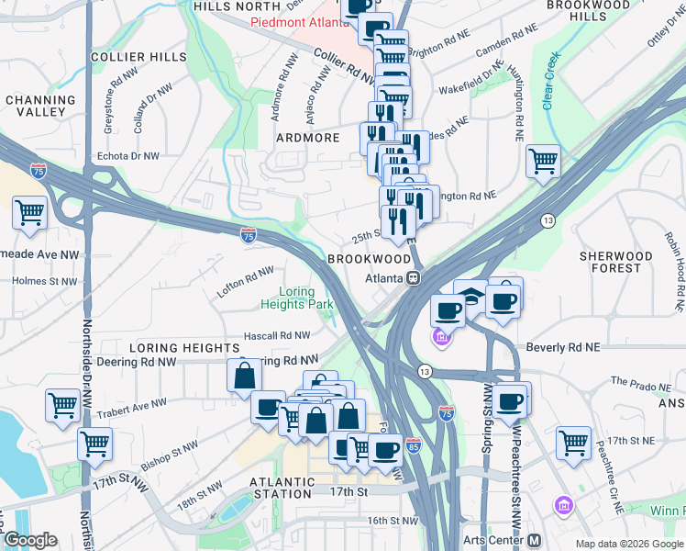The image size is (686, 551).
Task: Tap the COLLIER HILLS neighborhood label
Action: pyautogui.click(x=127, y=57)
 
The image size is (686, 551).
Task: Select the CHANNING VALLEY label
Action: pyautogui.click(x=40, y=106)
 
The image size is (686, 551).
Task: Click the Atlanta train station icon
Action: pyautogui.click(x=415, y=277)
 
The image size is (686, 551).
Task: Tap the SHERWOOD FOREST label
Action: pyautogui.click(x=615, y=262)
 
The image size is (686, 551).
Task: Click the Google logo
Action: pyautogui.click(x=30, y=540)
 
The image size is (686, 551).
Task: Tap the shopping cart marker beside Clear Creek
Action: pyautogui.click(x=544, y=162)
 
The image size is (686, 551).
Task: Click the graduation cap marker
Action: pyautogui.click(x=471, y=297)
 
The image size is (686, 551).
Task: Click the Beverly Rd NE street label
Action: pyautogui.click(x=562, y=348)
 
